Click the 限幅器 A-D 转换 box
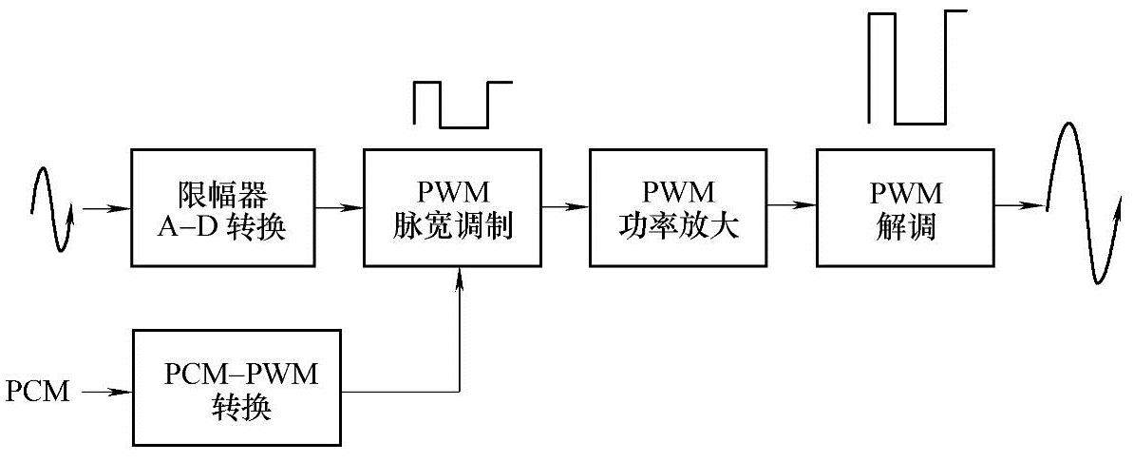coord(224,206)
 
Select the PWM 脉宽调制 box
coord(459,206)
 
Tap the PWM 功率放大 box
coord(678,206)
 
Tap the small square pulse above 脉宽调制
coord(463,104)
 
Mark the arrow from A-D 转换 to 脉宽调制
coord(339,206)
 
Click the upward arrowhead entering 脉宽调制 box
coord(461,275)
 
